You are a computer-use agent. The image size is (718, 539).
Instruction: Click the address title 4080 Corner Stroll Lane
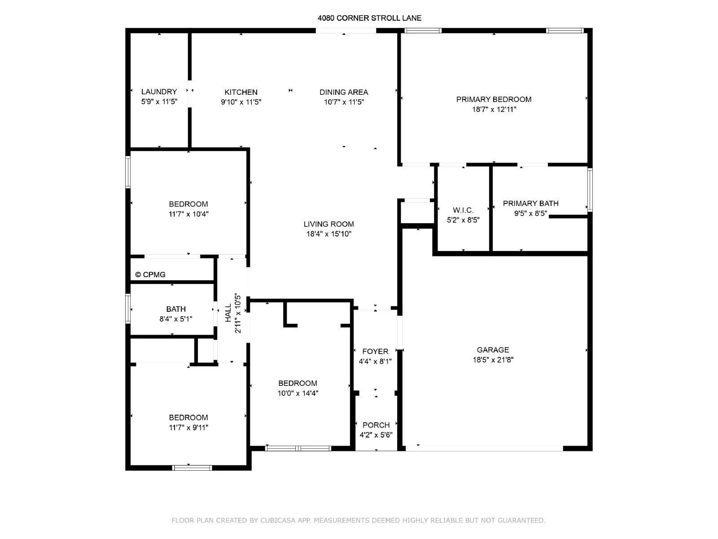(x=369, y=18)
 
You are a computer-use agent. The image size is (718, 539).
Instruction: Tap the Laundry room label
(x=159, y=92)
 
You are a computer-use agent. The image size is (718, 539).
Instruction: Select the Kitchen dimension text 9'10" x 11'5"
(x=241, y=102)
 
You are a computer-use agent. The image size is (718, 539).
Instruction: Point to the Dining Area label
(x=344, y=92)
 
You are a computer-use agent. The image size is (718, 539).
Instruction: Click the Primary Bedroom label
(x=494, y=99)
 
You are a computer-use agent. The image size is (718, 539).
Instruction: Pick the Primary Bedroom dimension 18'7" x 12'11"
(x=494, y=109)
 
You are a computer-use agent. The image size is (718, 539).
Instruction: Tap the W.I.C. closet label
(x=463, y=210)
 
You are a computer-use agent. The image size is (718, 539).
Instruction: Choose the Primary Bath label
(x=530, y=203)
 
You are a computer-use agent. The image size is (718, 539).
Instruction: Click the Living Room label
(x=329, y=224)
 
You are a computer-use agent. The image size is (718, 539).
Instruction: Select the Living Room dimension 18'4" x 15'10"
(x=329, y=234)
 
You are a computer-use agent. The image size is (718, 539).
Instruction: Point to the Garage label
(x=493, y=350)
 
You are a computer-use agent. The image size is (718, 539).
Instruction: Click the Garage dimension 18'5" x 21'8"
(x=493, y=360)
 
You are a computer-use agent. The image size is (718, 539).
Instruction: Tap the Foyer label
(x=375, y=352)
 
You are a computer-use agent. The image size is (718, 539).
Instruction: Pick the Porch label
(x=376, y=425)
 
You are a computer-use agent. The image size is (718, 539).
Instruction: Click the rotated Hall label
(x=228, y=313)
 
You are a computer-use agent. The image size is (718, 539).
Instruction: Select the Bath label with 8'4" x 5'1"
(x=176, y=309)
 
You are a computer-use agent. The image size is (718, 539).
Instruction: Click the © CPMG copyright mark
(x=150, y=274)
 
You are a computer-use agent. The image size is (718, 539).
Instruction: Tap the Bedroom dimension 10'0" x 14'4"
(x=298, y=393)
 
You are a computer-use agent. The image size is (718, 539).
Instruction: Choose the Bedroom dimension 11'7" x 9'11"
(x=188, y=428)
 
